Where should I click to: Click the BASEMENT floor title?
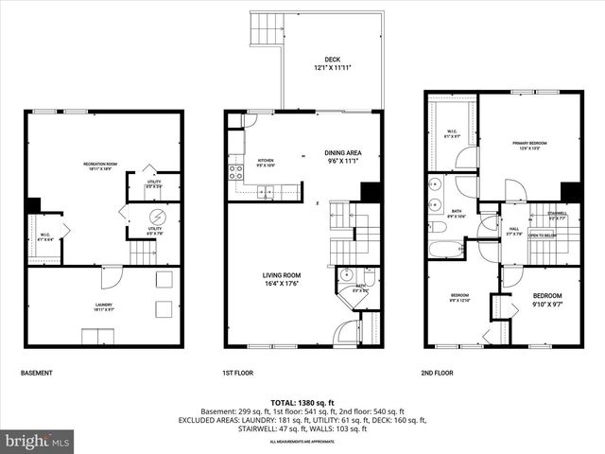coord(37,373)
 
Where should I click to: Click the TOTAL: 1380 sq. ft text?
coord(302,401)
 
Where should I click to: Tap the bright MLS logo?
coord(38,441)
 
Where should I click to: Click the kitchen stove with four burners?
coord(233,173)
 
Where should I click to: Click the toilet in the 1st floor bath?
coord(369,277)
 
